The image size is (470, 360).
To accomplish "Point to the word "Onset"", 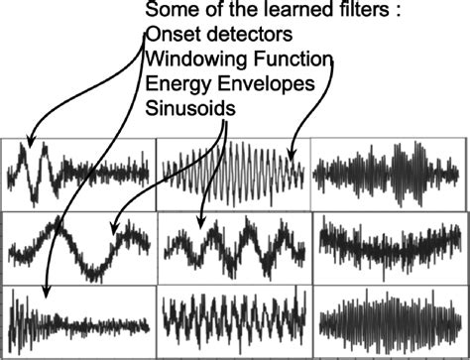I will [171, 36].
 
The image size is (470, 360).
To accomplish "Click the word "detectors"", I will [238, 36].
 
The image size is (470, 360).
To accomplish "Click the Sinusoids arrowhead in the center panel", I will [201, 224].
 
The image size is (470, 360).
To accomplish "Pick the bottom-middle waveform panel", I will [233, 320].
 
